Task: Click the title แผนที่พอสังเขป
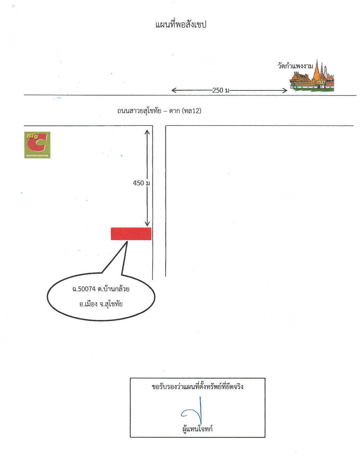point(181,25)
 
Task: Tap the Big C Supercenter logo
point(37,145)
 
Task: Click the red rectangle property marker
point(131,234)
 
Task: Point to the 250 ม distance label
point(221,90)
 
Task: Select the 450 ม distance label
point(142,183)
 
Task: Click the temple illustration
point(312,76)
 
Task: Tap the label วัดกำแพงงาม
point(295,66)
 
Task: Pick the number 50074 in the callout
point(87,289)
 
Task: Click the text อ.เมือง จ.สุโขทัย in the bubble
point(101,304)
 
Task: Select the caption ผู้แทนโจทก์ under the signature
point(197,429)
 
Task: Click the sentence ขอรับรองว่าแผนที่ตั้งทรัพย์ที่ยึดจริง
point(197,387)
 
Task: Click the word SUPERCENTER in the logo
point(37,156)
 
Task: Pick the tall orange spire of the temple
point(317,70)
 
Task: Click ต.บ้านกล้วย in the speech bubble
point(114,289)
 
